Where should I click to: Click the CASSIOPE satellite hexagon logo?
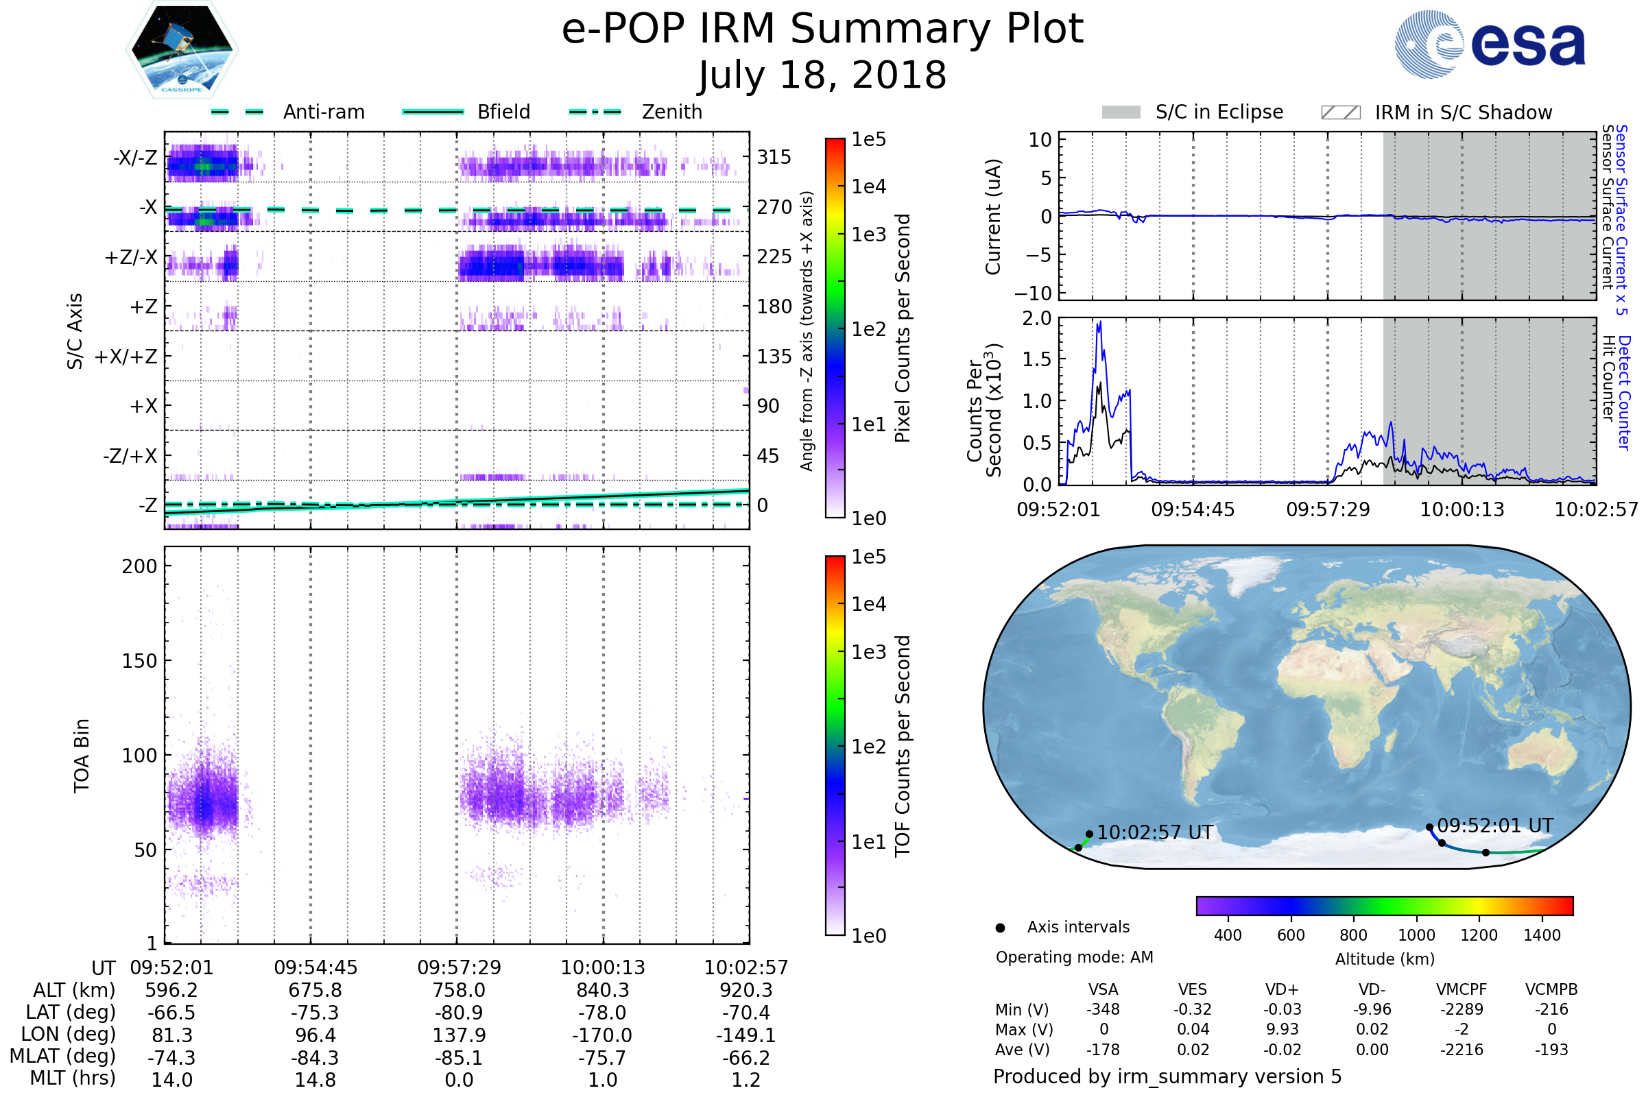(x=182, y=49)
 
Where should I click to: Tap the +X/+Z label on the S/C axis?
(x=126, y=357)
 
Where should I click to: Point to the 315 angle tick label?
(x=774, y=157)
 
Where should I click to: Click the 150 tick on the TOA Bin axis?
(x=139, y=661)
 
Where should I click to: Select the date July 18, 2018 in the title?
(x=822, y=75)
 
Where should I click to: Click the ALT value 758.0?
(x=459, y=991)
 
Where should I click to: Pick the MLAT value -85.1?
(x=459, y=1058)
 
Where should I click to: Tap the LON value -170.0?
(x=603, y=1035)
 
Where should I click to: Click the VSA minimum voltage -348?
(x=1103, y=1009)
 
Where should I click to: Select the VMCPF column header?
(x=1462, y=990)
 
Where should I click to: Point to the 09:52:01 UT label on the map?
(x=1495, y=826)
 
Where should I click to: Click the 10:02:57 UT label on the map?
(x=1155, y=833)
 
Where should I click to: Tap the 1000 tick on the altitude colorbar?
(x=1416, y=935)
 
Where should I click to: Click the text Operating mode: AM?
(x=1074, y=957)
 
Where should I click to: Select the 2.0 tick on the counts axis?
(x=1037, y=319)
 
